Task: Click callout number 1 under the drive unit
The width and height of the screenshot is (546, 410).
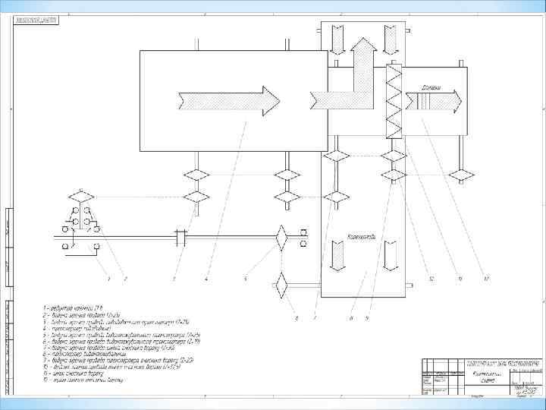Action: (108, 279)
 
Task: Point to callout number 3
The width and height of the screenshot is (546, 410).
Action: (174, 279)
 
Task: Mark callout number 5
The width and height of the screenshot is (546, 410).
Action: (246, 279)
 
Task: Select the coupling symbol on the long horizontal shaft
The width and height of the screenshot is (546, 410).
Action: (180, 238)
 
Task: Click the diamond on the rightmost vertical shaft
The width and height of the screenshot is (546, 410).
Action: (461, 176)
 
